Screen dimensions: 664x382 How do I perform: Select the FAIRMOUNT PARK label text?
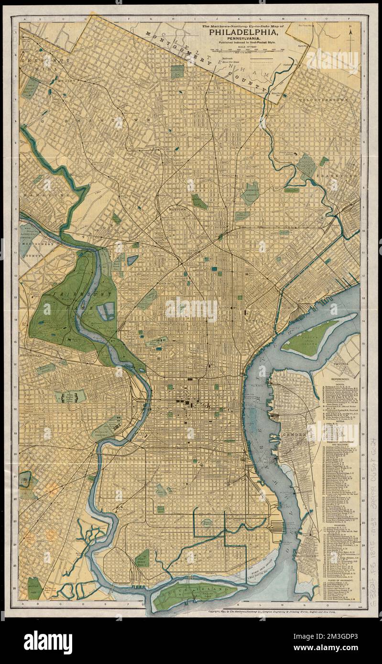(72, 299)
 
